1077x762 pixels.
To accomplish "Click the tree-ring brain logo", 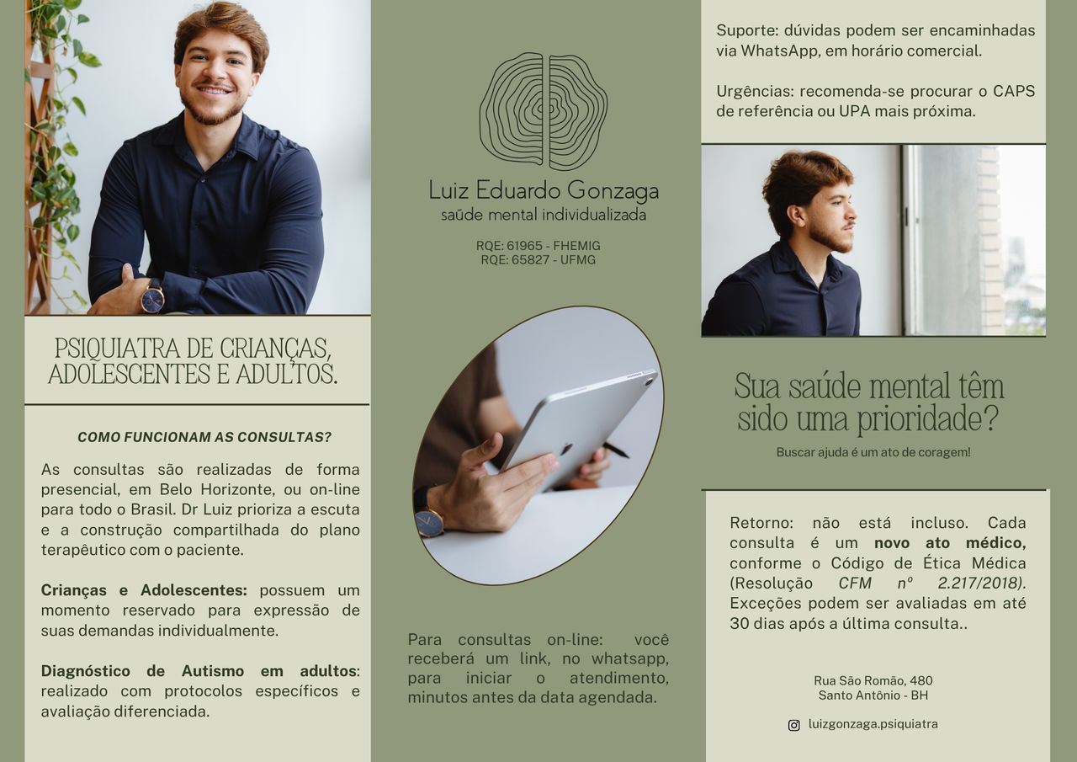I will click(543, 111).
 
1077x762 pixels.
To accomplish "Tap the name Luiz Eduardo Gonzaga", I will click(543, 190).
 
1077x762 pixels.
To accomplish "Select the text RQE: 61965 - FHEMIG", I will click(538, 246).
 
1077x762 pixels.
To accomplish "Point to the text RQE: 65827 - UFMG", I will click(538, 260).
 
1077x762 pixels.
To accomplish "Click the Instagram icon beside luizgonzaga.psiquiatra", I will click(793, 725).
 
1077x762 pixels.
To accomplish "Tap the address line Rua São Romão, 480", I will click(873, 680).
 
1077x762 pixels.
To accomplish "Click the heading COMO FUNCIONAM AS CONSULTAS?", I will click(204, 437).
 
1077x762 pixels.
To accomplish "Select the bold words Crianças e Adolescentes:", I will click(144, 590).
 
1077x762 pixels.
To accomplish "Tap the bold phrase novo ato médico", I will click(949, 543).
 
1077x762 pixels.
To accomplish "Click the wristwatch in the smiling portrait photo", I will click(152, 297).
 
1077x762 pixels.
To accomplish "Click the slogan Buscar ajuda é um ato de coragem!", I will click(873, 452).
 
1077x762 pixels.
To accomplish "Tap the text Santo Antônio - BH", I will click(873, 695).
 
